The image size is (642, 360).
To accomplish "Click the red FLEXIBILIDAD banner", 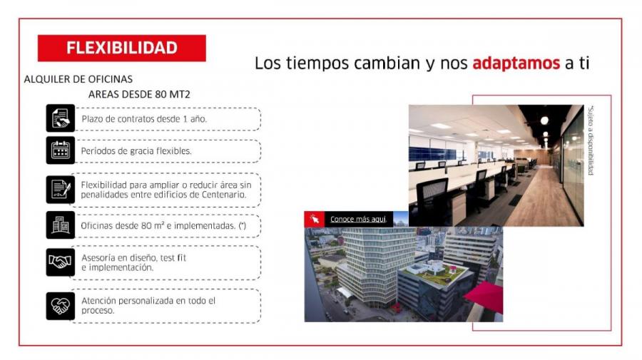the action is (x=121, y=48).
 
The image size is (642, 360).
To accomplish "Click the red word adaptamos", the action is (x=516, y=63).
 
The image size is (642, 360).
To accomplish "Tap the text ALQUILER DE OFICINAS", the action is (x=78, y=79).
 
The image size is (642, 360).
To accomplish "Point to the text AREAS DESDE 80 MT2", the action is (x=139, y=95).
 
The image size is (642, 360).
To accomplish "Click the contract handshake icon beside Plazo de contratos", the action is (x=60, y=118).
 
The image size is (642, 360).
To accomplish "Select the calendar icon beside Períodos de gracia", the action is (x=60, y=150).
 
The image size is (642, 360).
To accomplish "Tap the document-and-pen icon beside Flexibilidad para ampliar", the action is (x=60, y=190).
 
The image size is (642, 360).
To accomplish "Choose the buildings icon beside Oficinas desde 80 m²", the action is (x=60, y=225).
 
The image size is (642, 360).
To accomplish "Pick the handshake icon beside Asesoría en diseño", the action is (x=60, y=262).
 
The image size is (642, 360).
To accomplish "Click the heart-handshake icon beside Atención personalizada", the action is (x=60, y=306).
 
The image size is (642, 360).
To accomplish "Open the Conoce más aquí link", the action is (x=358, y=220).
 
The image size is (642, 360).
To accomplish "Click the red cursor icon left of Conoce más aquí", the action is (x=314, y=220).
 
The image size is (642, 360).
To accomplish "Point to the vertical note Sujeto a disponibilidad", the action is (x=591, y=140).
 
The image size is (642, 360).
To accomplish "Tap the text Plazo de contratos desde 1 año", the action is (x=144, y=119).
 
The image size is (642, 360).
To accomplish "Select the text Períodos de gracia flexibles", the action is (x=136, y=151).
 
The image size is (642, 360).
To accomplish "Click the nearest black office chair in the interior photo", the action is (x=432, y=201).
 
